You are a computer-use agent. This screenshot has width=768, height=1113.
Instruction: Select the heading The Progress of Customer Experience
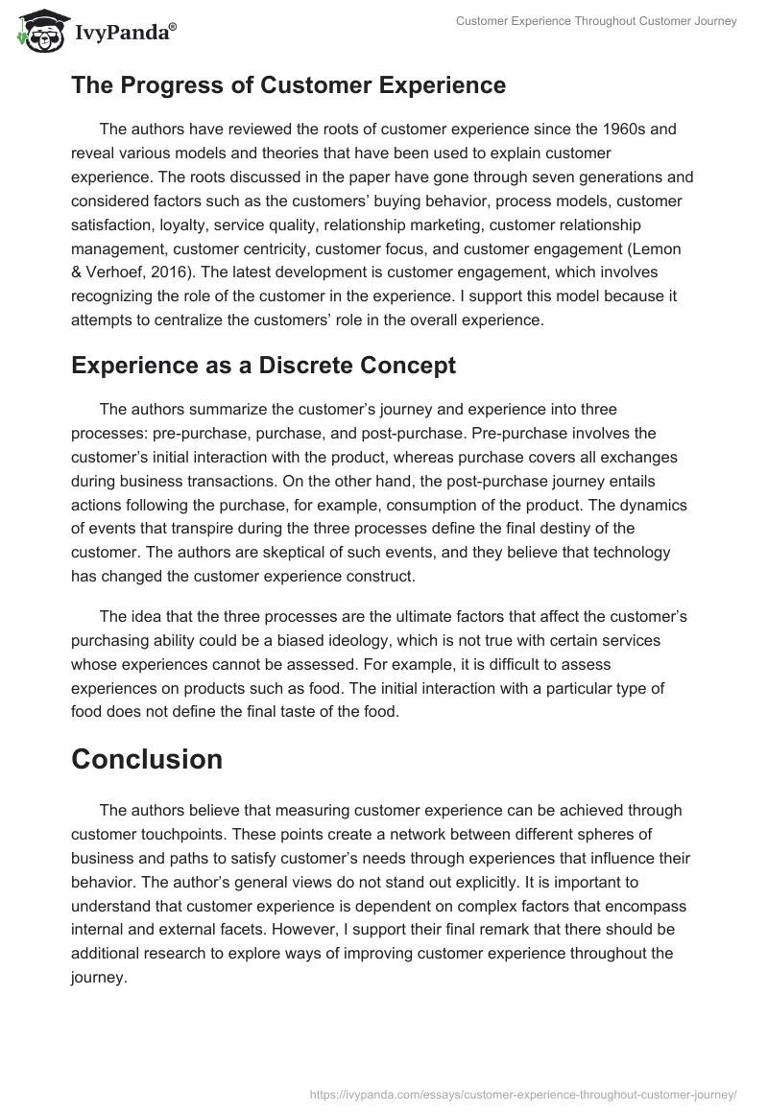288,85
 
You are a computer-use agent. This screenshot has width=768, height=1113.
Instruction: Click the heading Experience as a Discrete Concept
263,365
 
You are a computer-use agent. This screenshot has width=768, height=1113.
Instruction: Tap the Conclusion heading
147,759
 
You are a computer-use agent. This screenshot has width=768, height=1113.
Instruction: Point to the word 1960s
633,128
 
